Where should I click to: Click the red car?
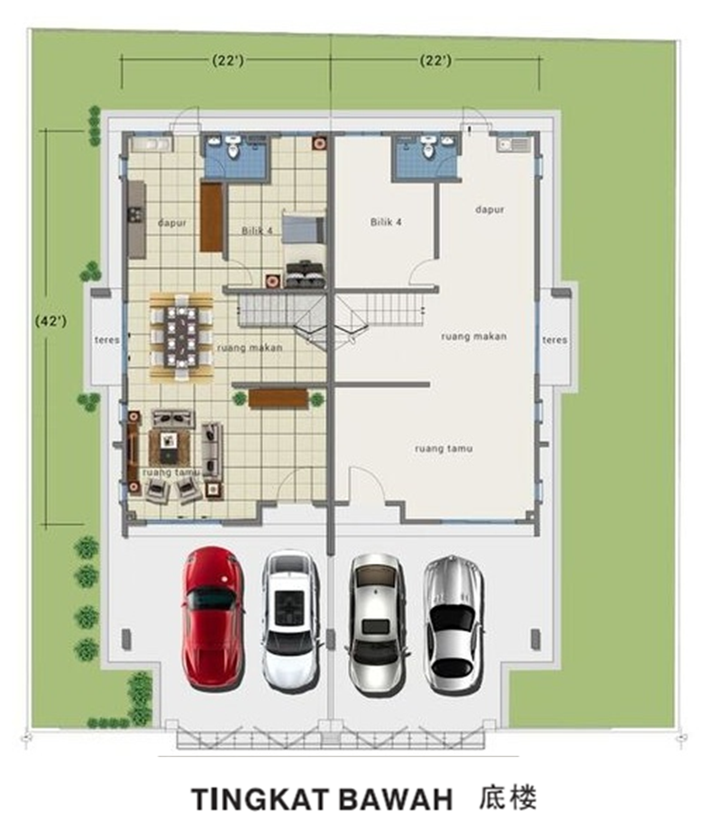pyautogui.click(x=213, y=618)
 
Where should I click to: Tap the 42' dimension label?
pyautogui.click(x=50, y=321)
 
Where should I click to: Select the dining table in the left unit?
pyautogui.click(x=181, y=336)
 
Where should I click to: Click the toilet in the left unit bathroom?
pyautogui.click(x=233, y=147)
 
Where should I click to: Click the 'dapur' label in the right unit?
pyautogui.click(x=490, y=210)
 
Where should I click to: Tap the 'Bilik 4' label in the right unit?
pyautogui.click(x=386, y=222)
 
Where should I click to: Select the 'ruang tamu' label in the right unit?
pyautogui.click(x=444, y=449)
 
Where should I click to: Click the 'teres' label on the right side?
pyautogui.click(x=554, y=340)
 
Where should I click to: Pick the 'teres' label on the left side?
pyautogui.click(x=107, y=340)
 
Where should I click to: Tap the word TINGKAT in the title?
pyautogui.click(x=261, y=799)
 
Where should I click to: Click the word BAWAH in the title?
pyautogui.click(x=396, y=799)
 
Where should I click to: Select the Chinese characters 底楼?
pyautogui.click(x=508, y=797)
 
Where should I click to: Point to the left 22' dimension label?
pyautogui.click(x=228, y=60)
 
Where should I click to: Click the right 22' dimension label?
pyautogui.click(x=435, y=60)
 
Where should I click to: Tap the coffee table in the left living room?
pyautogui.click(x=169, y=447)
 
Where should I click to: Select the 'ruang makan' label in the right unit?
pyautogui.click(x=473, y=336)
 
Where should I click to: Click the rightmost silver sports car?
pyautogui.click(x=454, y=624)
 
